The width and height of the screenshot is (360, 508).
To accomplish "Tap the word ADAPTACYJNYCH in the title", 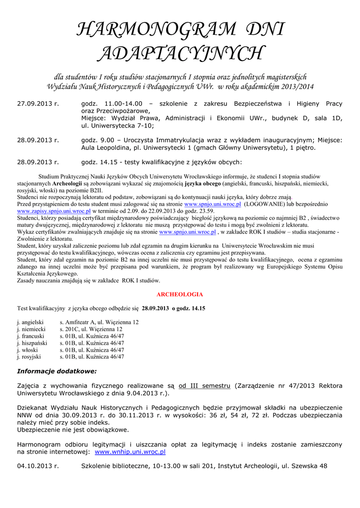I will click(180, 53).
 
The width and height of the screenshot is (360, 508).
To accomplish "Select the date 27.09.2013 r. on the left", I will click(38, 104).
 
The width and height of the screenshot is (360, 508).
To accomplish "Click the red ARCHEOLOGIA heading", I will click(180, 294).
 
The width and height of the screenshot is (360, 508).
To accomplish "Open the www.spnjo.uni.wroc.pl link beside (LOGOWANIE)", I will click(213, 204).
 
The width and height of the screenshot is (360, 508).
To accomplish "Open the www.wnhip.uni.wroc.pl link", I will click(130, 452).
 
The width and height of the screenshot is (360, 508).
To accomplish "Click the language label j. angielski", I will click(31, 322).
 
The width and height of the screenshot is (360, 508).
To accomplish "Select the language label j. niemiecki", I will click(31, 329).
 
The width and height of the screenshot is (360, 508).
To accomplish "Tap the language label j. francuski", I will click(31, 336).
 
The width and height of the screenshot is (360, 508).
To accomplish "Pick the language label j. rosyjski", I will click(29, 356).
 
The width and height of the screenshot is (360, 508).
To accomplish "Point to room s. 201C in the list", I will click(69, 329).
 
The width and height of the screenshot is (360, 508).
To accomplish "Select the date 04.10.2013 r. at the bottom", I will click(38, 466).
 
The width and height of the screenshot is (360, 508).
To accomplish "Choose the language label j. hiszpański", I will click(32, 343).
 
